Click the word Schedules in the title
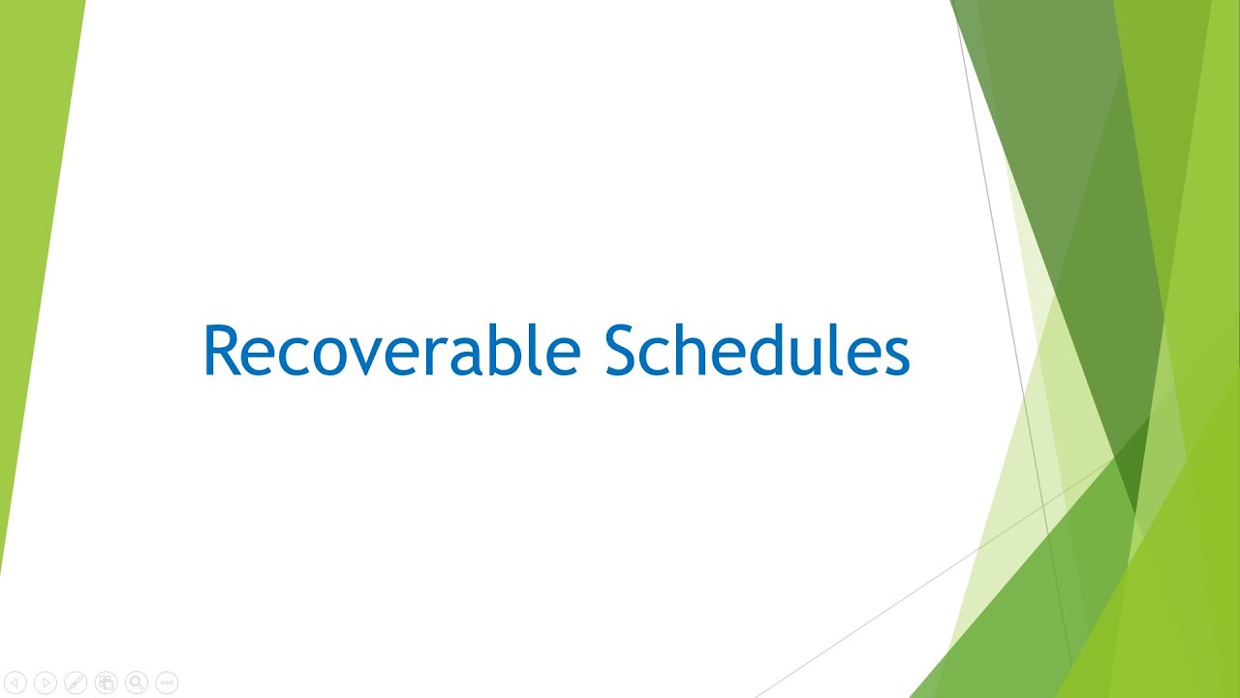757,350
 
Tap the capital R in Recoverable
222,350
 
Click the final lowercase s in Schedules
896,356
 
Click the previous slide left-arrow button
15,683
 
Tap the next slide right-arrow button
45,683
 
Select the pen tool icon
76,683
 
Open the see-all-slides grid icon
106,683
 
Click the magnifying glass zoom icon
137,683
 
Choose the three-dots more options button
167,683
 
